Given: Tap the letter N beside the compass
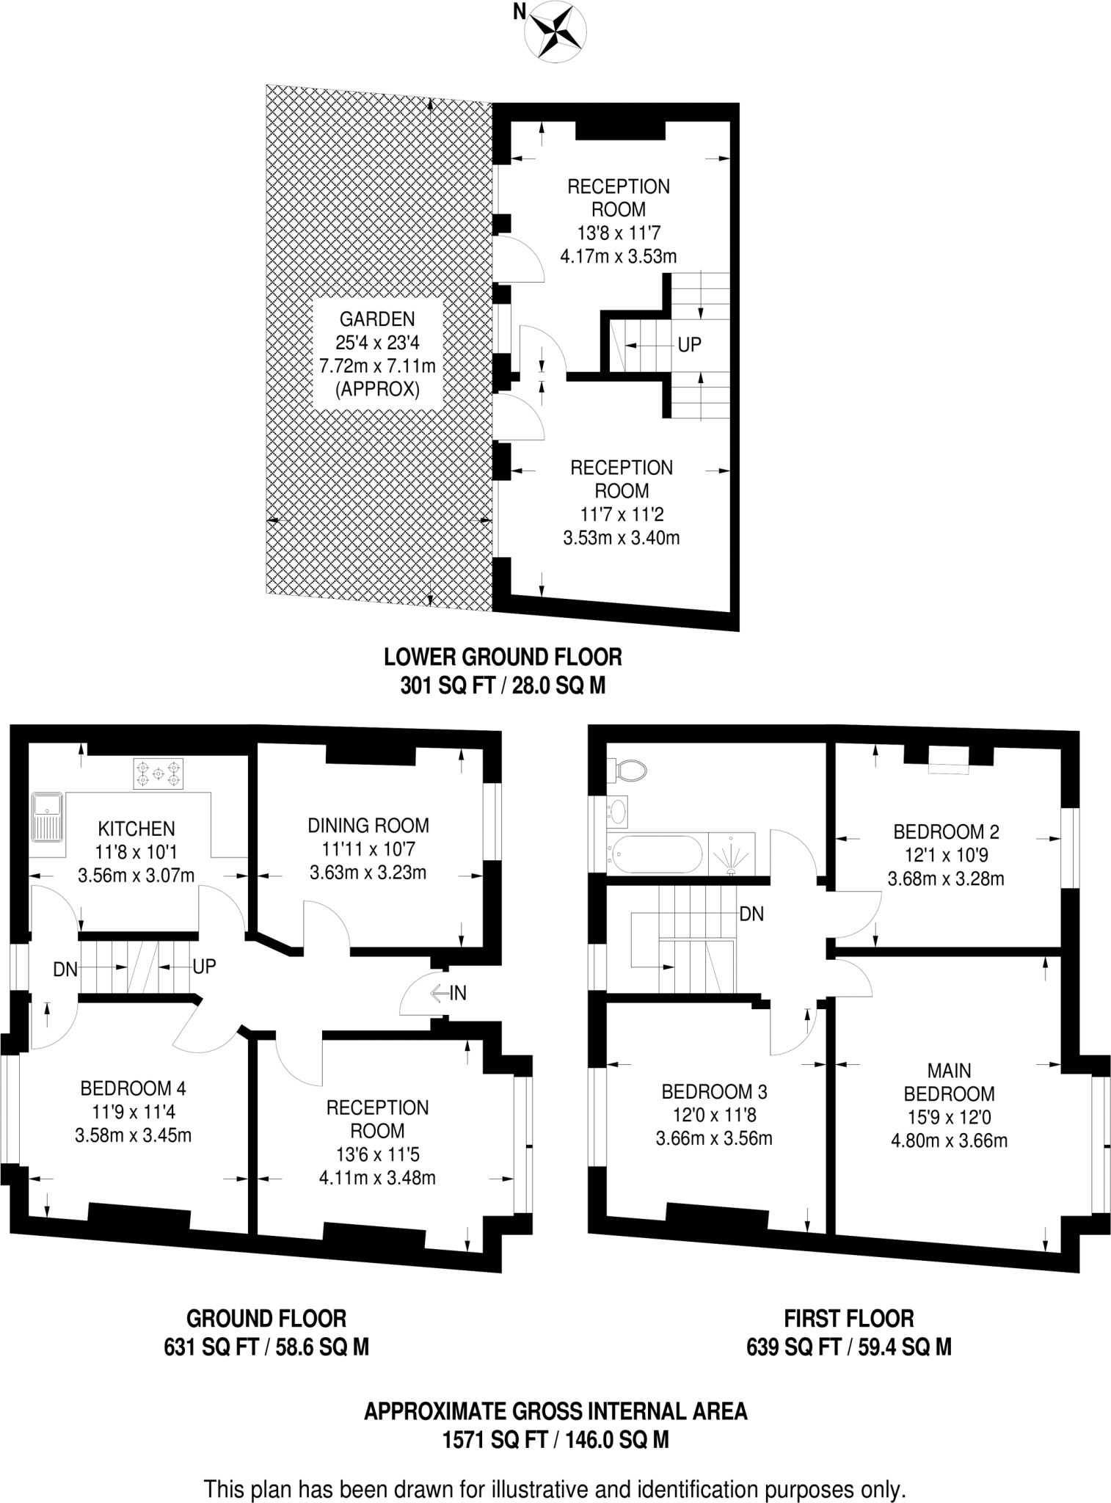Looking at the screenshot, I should point(520,12).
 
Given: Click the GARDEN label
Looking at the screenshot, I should point(377,319).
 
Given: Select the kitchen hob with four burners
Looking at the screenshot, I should point(158,774).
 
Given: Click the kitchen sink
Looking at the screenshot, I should point(47,816).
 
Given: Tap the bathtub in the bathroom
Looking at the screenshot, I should point(655,853).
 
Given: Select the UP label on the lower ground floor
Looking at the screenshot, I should point(689,344).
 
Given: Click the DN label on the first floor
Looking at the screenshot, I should point(751,914).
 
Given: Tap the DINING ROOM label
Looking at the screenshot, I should point(368,826).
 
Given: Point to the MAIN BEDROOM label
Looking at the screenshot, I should point(949,1082).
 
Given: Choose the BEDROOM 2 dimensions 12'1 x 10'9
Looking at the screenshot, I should point(946,855).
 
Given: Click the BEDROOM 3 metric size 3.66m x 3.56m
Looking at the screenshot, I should point(714,1139).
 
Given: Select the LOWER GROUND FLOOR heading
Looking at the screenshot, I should point(503,657).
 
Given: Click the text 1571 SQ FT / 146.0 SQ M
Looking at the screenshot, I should point(555,1440).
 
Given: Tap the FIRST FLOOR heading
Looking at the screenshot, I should point(848,1319).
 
